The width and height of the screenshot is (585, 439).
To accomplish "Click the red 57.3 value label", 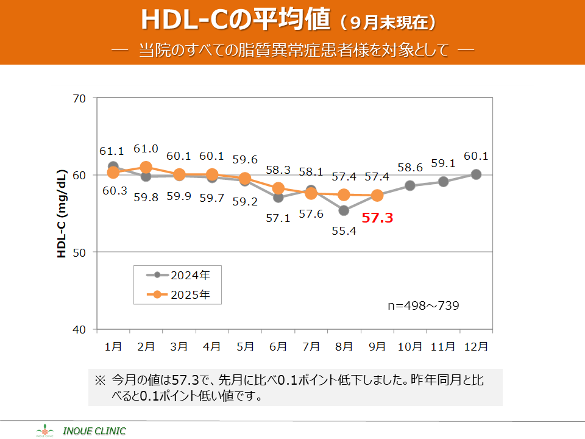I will (377, 218).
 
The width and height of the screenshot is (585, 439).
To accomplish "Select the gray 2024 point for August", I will (344, 210).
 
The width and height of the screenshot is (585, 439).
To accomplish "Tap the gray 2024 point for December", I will (476, 174).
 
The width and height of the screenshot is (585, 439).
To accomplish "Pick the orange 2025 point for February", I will (146, 167).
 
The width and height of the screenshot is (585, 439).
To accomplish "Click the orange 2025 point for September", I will (377, 196).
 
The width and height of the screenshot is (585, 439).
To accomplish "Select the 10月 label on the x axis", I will (410, 346).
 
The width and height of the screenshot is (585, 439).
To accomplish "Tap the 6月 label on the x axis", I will (278, 346).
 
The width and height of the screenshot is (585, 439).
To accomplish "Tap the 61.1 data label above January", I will (112, 151).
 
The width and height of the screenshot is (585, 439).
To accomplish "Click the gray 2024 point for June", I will (278, 197).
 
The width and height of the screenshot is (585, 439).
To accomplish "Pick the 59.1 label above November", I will (443, 163).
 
